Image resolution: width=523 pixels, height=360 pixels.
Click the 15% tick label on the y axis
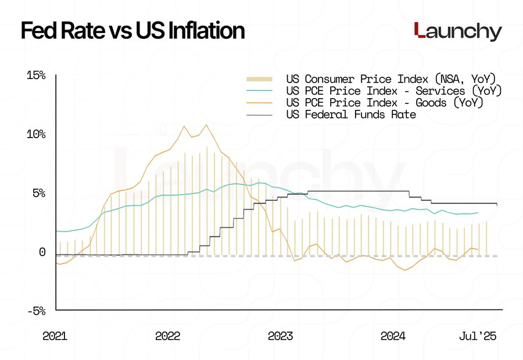point(36,75)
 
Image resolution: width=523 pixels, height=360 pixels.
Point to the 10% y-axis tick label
point(36,134)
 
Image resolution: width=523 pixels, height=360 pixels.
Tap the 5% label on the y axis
point(38,193)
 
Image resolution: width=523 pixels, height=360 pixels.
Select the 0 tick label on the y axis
point(42,252)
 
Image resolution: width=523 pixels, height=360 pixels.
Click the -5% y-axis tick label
point(36,311)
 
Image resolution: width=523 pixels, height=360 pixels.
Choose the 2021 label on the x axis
point(55,336)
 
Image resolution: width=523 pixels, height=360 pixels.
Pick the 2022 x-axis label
point(168,336)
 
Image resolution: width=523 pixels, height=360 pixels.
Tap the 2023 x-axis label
point(281,336)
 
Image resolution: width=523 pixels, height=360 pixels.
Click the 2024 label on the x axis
point(393,336)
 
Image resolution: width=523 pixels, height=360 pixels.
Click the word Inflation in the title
point(198,31)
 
